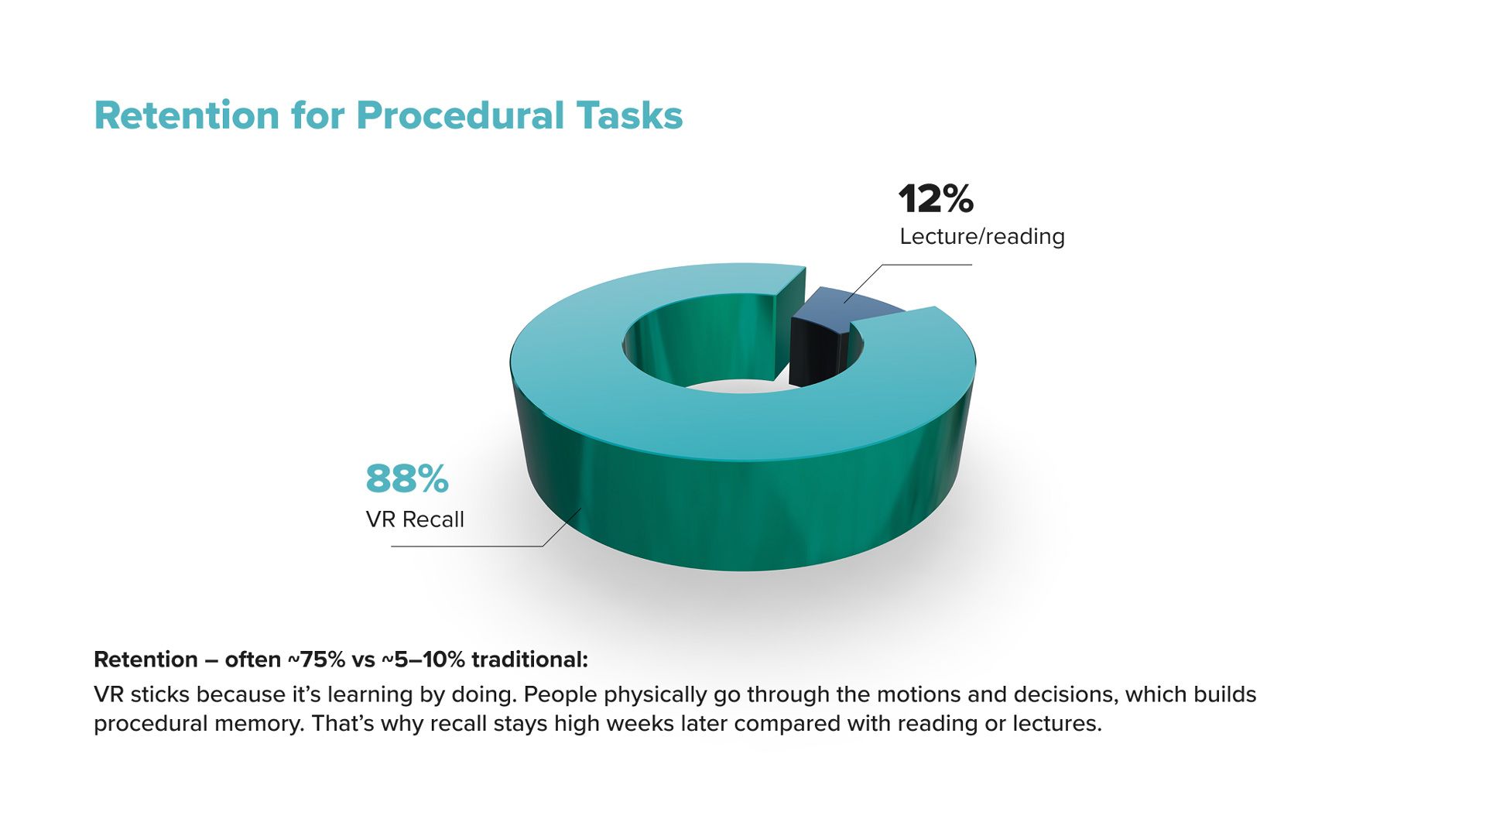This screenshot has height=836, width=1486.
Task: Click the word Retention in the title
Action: tap(187, 115)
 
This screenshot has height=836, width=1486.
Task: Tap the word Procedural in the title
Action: tap(461, 115)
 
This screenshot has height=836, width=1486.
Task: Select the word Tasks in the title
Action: tap(629, 115)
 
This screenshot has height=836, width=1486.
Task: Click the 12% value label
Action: tap(936, 199)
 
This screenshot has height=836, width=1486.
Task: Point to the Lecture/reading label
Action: tap(982, 236)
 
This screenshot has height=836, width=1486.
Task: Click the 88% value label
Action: tap(407, 478)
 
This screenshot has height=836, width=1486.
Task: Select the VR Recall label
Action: tap(415, 519)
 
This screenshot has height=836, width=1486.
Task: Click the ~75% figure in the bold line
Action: tap(317, 660)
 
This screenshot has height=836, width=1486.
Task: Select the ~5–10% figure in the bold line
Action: tap(423, 660)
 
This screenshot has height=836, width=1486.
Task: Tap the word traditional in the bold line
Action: tap(530, 660)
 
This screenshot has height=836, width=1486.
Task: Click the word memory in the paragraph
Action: tap(258, 725)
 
